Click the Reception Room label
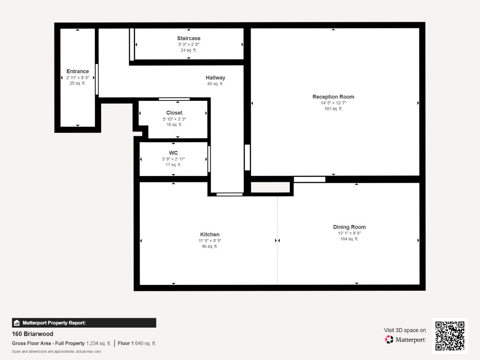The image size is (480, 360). click(x=333, y=97)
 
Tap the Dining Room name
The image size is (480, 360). click(x=349, y=227)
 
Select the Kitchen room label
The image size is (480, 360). click(x=210, y=234)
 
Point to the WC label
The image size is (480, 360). click(x=173, y=153)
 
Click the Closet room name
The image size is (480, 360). click(x=174, y=112)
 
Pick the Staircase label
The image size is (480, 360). click(x=188, y=38)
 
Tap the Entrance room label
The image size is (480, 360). click(x=77, y=72)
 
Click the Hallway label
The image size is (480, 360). click(x=215, y=78)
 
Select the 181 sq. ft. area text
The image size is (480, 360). click(x=333, y=108)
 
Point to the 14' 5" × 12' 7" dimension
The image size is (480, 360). click(x=333, y=103)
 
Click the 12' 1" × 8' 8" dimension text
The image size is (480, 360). click(x=349, y=233)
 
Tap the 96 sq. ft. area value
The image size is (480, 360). click(x=210, y=247)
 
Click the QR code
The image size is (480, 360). click(x=450, y=336)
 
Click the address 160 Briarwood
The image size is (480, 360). click(x=32, y=333)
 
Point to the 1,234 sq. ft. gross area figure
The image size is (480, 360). click(x=99, y=343)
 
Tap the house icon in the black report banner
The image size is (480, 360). click(x=17, y=323)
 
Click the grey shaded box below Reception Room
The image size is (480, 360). click(x=270, y=187)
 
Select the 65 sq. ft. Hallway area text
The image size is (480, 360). click(x=215, y=84)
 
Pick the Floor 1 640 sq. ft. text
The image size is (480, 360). click(x=137, y=343)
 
